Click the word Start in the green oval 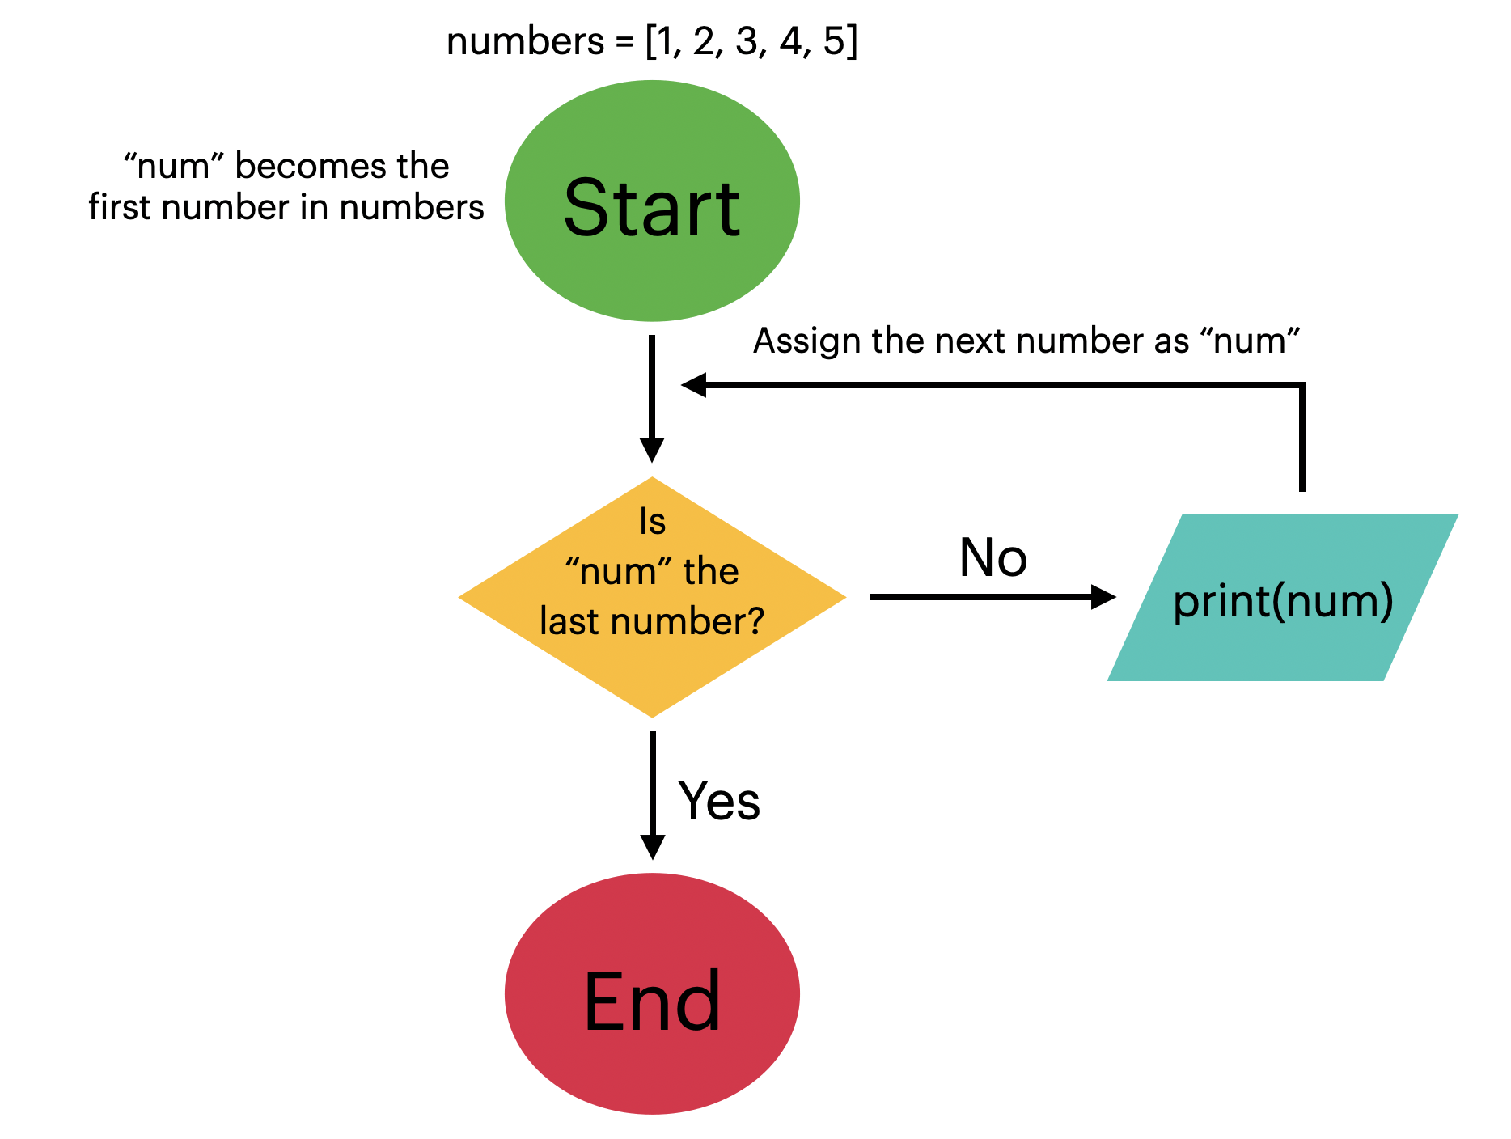pos(651,208)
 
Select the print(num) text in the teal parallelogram pos(1283,601)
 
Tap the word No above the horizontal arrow pos(993,558)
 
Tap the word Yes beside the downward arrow pos(719,801)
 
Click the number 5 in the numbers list pos(834,41)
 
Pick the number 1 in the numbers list pos(665,41)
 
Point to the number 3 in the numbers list pos(747,41)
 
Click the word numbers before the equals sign pos(525,41)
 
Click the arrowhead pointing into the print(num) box pos(1103,597)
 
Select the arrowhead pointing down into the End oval pos(652,846)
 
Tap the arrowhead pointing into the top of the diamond pos(652,449)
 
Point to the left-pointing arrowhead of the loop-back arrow pos(694,385)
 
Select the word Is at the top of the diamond pos(652,522)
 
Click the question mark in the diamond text pos(754,621)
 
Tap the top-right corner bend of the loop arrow pos(1301,386)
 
